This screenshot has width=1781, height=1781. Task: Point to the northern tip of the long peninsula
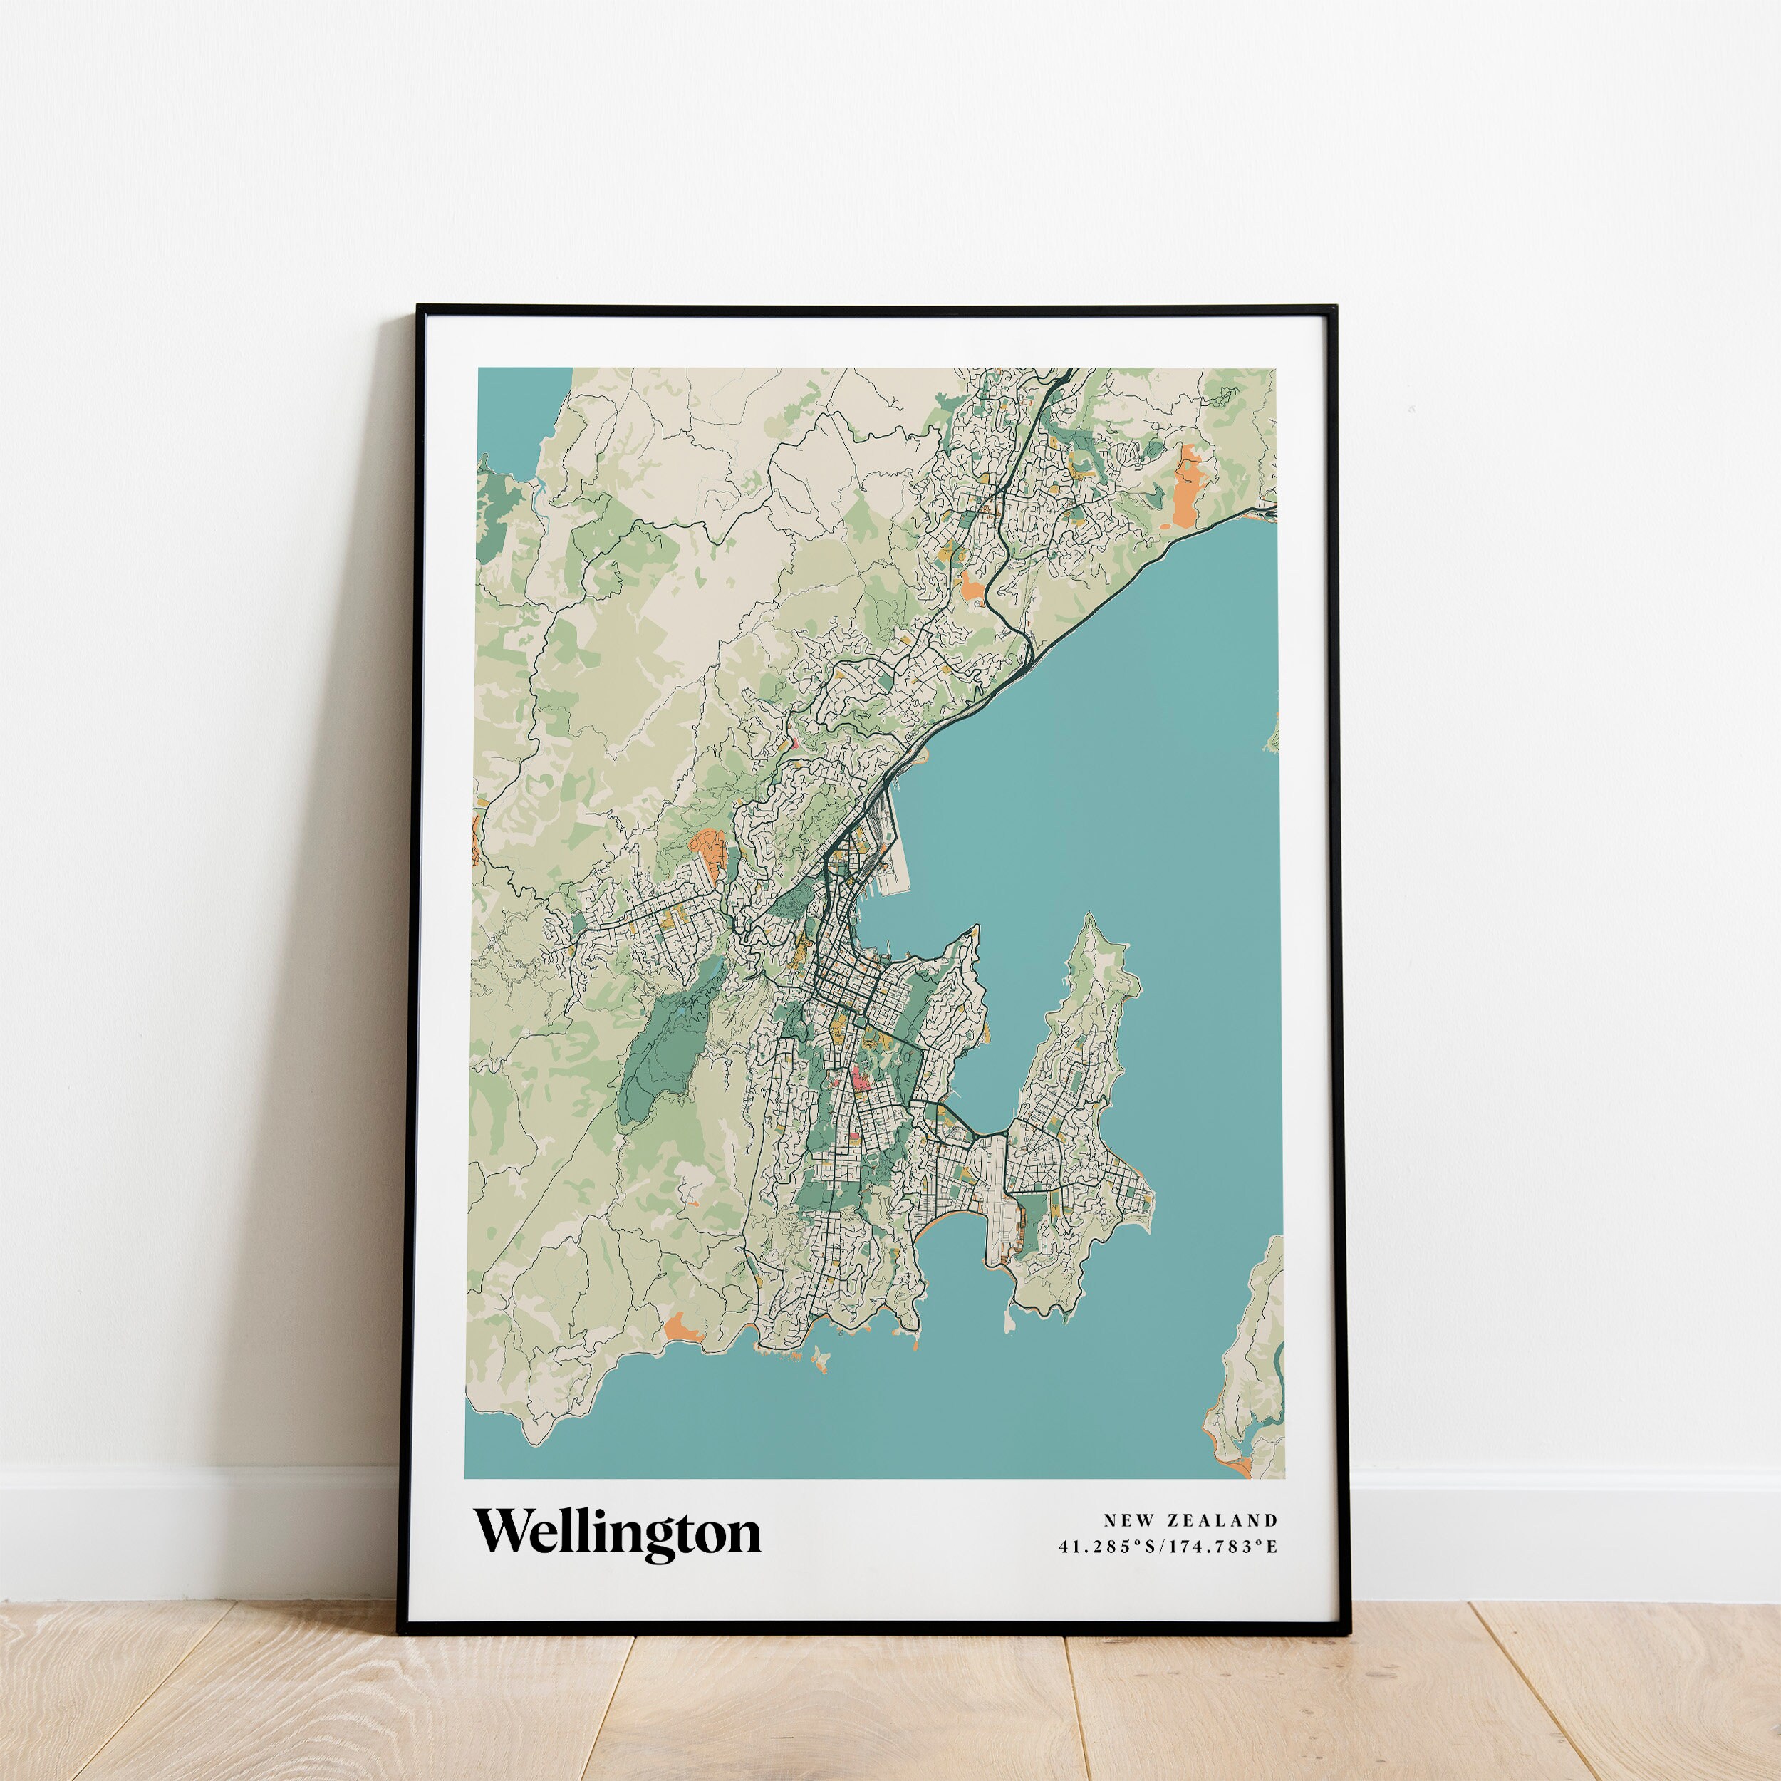pyautogui.click(x=1090, y=919)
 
